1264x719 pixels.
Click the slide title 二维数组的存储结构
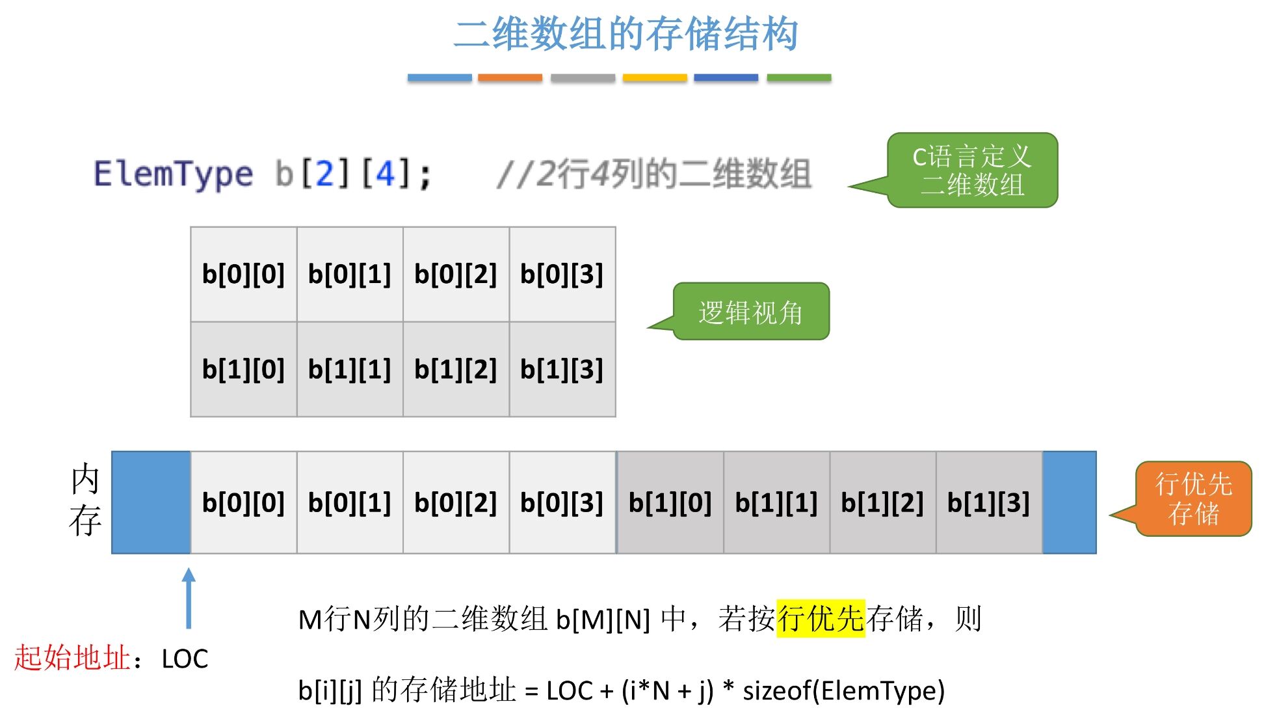pyautogui.click(x=625, y=34)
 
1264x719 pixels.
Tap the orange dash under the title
pyautogui.click(x=510, y=77)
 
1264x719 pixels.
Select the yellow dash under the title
pyautogui.click(x=654, y=77)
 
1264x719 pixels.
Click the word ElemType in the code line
pyautogui.click(x=173, y=174)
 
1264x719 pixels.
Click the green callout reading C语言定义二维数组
pyautogui.click(x=972, y=170)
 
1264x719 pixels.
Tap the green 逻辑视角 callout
pyautogui.click(x=750, y=312)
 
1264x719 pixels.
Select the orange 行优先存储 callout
pyautogui.click(x=1193, y=499)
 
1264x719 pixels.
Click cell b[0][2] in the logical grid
pyautogui.click(x=456, y=275)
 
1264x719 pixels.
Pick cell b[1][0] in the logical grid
pyautogui.click(x=244, y=370)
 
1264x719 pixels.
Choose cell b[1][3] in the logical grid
pyautogui.click(x=562, y=370)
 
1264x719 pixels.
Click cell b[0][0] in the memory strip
pyautogui.click(x=244, y=503)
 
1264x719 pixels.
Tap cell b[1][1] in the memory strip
pyautogui.click(x=776, y=503)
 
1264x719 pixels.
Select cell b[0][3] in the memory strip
pyautogui.click(x=562, y=503)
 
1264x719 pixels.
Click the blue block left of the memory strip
pyautogui.click(x=151, y=503)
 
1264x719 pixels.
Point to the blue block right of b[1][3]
pyautogui.click(x=1070, y=503)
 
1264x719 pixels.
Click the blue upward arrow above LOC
pyautogui.click(x=189, y=597)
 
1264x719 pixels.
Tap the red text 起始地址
pyautogui.click(x=72, y=658)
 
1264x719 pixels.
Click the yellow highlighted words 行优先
pyautogui.click(x=821, y=618)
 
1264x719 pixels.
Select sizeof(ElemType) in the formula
pyautogui.click(x=843, y=690)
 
